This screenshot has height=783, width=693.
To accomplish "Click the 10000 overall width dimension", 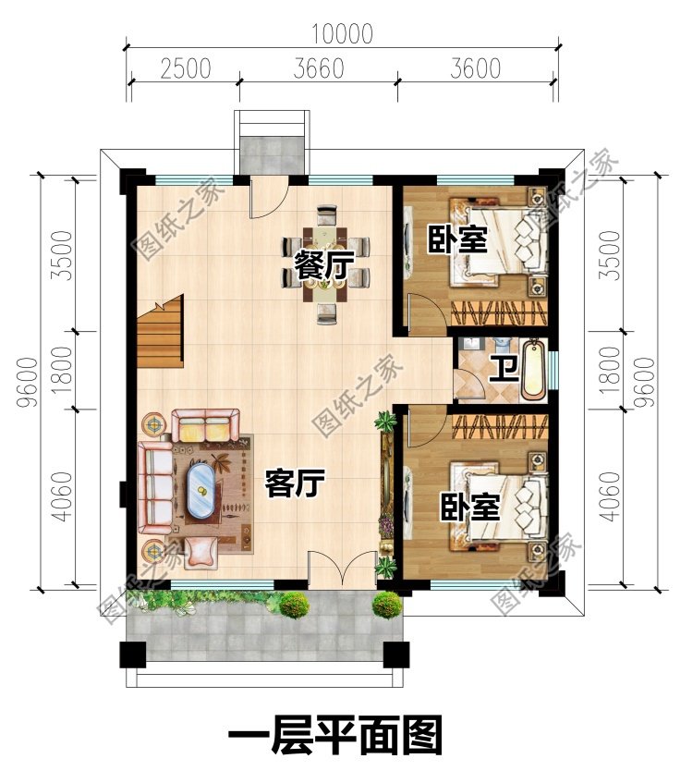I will (x=342, y=35).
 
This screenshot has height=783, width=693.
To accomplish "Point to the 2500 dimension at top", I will (x=184, y=69).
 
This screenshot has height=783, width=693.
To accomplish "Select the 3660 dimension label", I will (x=318, y=69).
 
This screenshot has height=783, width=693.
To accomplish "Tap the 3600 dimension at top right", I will (x=475, y=69).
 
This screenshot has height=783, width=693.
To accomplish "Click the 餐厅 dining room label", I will (x=324, y=266).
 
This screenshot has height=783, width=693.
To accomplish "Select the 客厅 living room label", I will (x=295, y=483).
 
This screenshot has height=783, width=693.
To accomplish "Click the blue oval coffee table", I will (x=199, y=490).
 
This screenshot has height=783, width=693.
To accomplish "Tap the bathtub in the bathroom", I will (x=533, y=371).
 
